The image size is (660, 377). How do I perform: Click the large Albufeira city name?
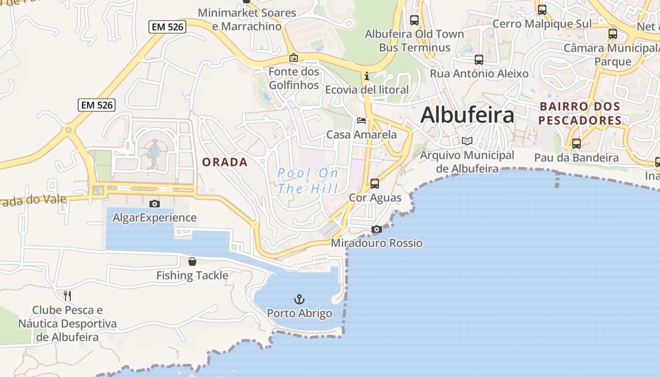pyautogui.click(x=467, y=115)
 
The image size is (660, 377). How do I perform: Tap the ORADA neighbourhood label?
pyautogui.click(x=225, y=162)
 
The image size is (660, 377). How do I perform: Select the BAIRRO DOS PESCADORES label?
pyautogui.click(x=580, y=113)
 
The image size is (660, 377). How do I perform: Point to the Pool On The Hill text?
pyautogui.click(x=308, y=181)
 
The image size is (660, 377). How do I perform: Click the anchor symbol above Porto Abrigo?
pyautogui.click(x=299, y=299)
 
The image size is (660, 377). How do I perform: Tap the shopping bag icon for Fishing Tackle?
pyautogui.click(x=192, y=262)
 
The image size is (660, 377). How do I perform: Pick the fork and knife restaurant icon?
pyautogui.click(x=67, y=296)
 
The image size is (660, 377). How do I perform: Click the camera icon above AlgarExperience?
pyautogui.click(x=154, y=204)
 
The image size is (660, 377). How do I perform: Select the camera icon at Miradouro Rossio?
pyautogui.click(x=376, y=229)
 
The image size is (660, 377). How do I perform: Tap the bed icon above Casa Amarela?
pyautogui.click(x=362, y=121)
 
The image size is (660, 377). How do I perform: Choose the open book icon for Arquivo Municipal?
pyautogui.click(x=467, y=141)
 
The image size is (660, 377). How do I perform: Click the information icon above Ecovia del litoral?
pyautogui.click(x=366, y=76)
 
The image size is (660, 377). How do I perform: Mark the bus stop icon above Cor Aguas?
pyautogui.click(x=375, y=183)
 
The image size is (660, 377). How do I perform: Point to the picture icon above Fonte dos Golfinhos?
pyautogui.click(x=294, y=57)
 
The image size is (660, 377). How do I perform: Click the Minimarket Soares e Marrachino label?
pyautogui.click(x=247, y=19)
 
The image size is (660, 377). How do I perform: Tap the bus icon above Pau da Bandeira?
pyautogui.click(x=576, y=143)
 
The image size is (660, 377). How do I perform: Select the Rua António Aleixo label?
pyautogui.click(x=479, y=74)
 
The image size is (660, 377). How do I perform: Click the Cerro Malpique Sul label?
pyautogui.click(x=542, y=24)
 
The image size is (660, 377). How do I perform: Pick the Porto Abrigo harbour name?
pyautogui.click(x=299, y=313)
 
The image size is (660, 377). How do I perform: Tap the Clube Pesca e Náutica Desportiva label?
pyautogui.click(x=67, y=323)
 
